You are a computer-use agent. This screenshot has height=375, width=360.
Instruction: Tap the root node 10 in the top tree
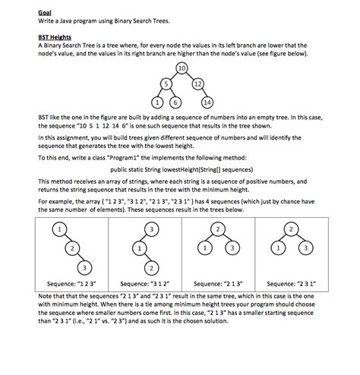182,68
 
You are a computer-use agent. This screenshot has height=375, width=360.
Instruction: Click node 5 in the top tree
165,83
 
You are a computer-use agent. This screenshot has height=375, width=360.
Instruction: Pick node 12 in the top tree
197,83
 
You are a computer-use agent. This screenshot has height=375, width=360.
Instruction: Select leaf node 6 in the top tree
175,102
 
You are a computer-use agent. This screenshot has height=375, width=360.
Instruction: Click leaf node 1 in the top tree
157,102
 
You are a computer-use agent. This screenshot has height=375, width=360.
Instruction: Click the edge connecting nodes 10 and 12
190,75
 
